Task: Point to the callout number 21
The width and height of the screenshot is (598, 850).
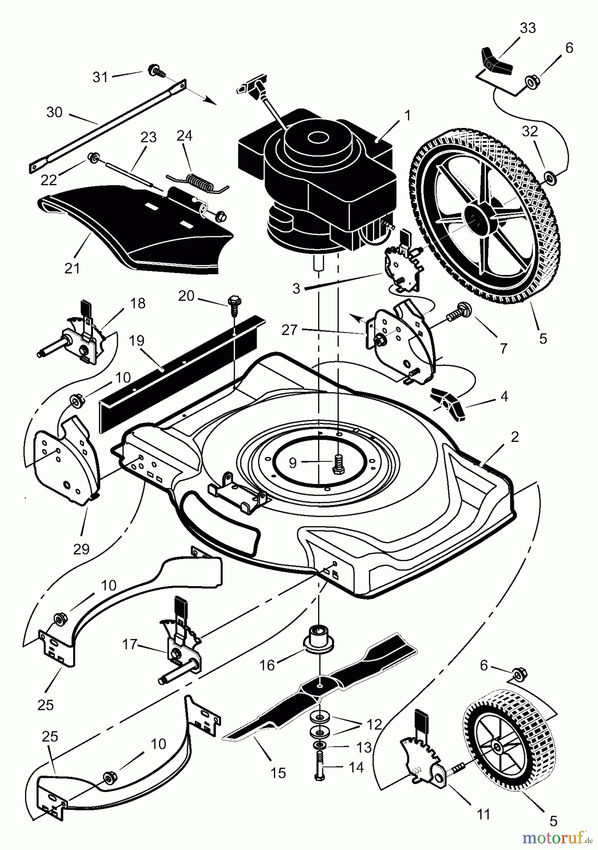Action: pyautogui.click(x=72, y=268)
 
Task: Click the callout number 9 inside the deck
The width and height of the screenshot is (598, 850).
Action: pyautogui.click(x=293, y=463)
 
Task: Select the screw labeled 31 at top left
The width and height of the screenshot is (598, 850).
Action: pyautogui.click(x=155, y=71)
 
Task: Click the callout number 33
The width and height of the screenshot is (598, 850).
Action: pyautogui.click(x=528, y=28)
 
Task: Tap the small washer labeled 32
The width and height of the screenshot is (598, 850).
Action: pyautogui.click(x=550, y=178)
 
